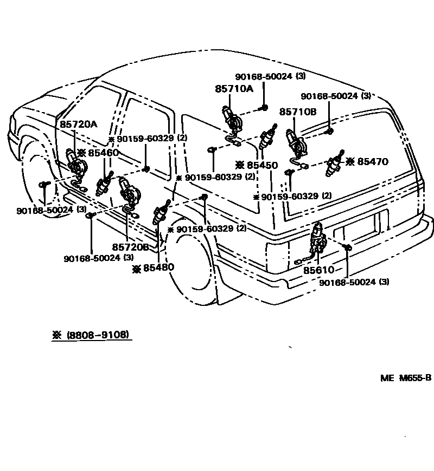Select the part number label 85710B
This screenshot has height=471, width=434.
(x=298, y=112)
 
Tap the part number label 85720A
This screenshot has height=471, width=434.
(x=78, y=124)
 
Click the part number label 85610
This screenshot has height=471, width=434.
(x=318, y=270)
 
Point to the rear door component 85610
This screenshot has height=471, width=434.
(x=317, y=238)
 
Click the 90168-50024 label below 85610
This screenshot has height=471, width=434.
(x=354, y=282)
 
